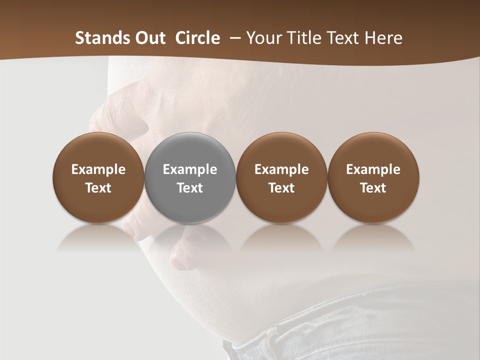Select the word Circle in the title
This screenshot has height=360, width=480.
[197, 38]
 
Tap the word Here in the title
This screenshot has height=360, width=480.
[383, 38]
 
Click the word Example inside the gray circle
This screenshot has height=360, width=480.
[190, 169]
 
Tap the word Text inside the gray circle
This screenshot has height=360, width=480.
[190, 188]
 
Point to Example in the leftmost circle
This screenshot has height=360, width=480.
[98, 169]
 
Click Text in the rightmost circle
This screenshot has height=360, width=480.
[373, 188]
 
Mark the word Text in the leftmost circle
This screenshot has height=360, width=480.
[98, 188]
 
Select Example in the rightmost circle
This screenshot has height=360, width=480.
[373, 169]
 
